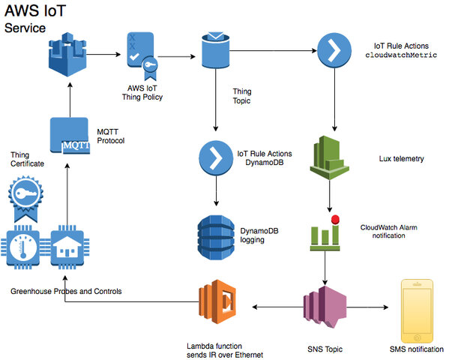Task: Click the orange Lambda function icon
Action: (x=217, y=306)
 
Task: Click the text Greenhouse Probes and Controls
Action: (x=66, y=291)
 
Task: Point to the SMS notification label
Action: (x=417, y=349)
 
